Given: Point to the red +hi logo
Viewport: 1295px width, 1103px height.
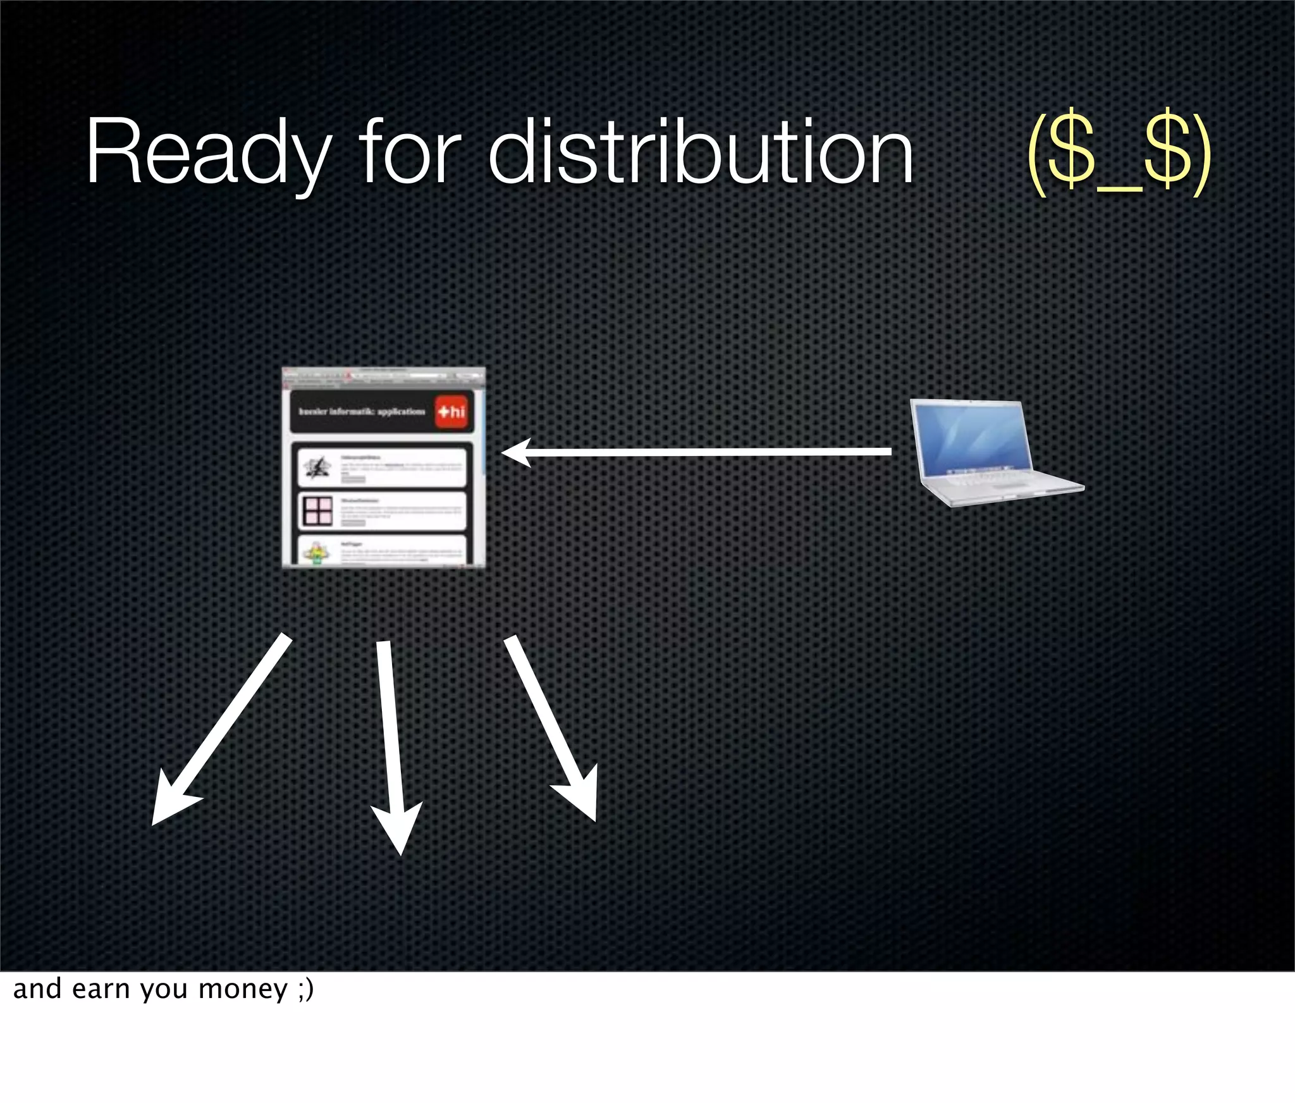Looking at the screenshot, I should pyautogui.click(x=451, y=412).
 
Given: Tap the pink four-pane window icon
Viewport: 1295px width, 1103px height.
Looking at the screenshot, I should pyautogui.click(x=317, y=511).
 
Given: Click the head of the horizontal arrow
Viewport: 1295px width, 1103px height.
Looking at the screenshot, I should pyautogui.click(x=513, y=453).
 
